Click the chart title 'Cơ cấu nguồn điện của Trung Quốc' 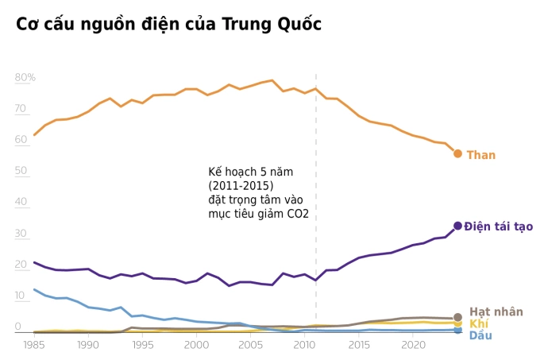(x=168, y=25)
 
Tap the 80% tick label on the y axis (x=25, y=77)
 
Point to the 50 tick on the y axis (x=21, y=171)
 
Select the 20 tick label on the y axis (x=21, y=265)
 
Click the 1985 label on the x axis (x=34, y=345)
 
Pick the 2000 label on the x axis (x=196, y=345)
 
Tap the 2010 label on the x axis (x=304, y=345)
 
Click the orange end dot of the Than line (x=457, y=153)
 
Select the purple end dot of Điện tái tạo (x=457, y=226)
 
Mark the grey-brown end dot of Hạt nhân (x=457, y=317)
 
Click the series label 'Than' (x=480, y=155)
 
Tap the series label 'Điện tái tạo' (x=498, y=226)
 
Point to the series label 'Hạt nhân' (x=496, y=312)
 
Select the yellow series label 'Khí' (x=478, y=323)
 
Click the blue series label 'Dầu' (x=480, y=335)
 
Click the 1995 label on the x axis (x=142, y=345)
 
